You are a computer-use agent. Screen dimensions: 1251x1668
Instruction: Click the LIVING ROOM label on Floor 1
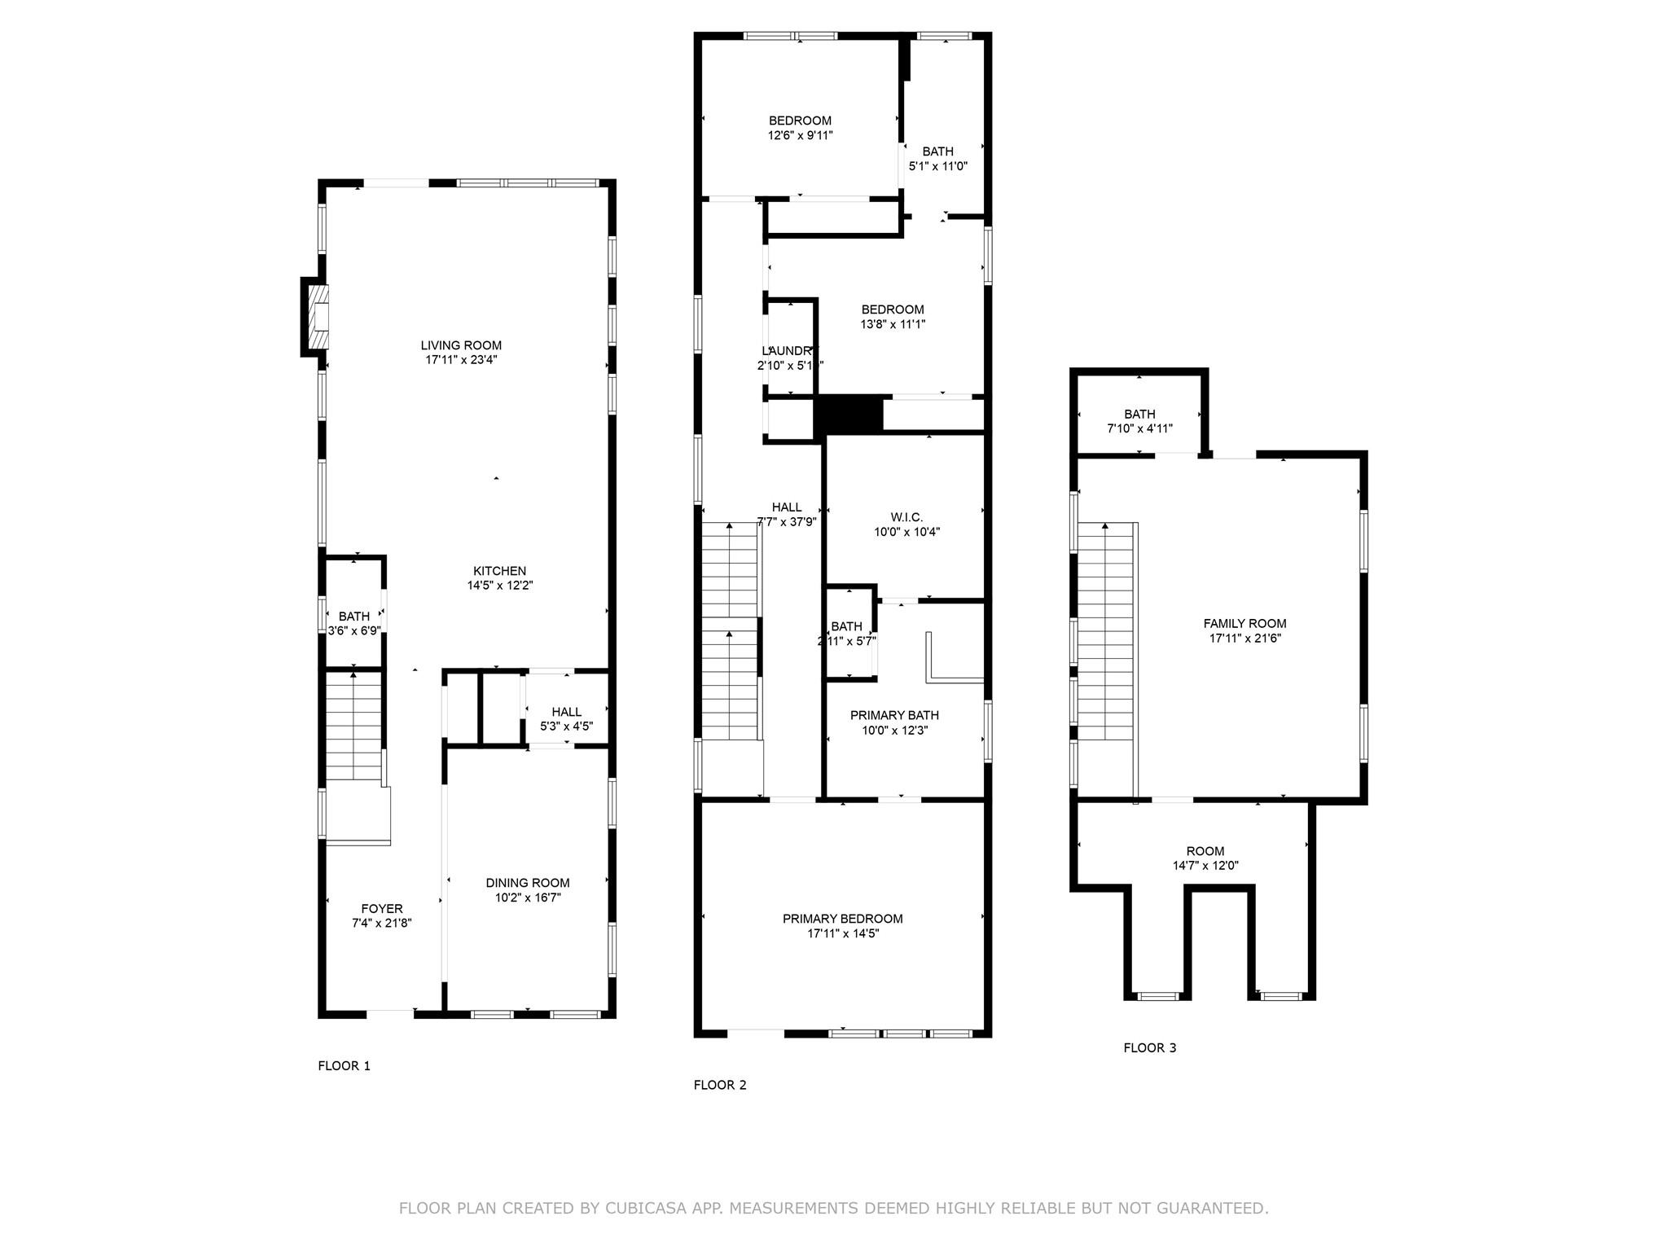click(461, 345)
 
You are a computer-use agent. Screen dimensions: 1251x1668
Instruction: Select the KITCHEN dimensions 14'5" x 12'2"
click(499, 586)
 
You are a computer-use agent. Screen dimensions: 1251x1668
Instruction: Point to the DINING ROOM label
click(528, 883)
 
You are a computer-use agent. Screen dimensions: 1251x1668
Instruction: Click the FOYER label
click(382, 909)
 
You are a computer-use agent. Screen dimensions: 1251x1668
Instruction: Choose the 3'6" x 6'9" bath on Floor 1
click(354, 623)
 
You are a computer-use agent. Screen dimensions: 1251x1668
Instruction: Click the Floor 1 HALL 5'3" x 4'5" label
click(566, 719)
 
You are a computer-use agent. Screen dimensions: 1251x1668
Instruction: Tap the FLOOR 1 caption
click(344, 1065)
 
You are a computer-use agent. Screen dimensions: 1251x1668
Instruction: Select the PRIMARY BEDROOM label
click(842, 919)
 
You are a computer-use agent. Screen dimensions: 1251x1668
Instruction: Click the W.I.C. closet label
click(906, 518)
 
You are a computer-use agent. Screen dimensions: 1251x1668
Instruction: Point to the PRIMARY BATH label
click(894, 715)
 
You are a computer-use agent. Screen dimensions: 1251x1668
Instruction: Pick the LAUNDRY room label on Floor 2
click(786, 351)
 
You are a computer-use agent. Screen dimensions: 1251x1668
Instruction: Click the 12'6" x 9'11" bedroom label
click(800, 128)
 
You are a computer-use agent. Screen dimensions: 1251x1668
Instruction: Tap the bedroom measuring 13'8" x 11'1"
click(893, 317)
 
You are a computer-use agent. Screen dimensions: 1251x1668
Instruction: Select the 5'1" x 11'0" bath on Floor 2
click(937, 158)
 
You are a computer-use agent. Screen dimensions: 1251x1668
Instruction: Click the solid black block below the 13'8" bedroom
click(849, 414)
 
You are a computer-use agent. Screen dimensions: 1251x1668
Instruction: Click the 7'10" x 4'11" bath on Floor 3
click(1139, 421)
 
